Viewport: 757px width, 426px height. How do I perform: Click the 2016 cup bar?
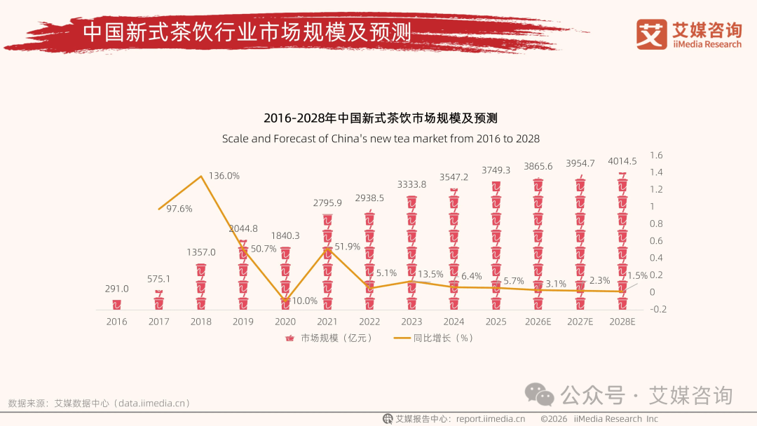pyautogui.click(x=117, y=304)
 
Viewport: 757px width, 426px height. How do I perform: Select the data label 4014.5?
pyautogui.click(x=622, y=161)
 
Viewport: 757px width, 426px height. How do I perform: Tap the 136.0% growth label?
pyautogui.click(x=224, y=176)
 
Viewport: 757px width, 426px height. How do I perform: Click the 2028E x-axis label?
pyautogui.click(x=622, y=322)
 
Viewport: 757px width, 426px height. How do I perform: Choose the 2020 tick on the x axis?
pyautogui.click(x=285, y=322)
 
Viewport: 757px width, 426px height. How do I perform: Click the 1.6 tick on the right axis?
pyautogui.click(x=657, y=156)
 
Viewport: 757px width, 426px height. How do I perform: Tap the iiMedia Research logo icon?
pyautogui.click(x=651, y=34)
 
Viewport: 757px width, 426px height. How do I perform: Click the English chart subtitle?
pyautogui.click(x=381, y=138)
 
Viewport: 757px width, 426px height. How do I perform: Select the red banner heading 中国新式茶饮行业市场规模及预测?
pyautogui.click(x=247, y=32)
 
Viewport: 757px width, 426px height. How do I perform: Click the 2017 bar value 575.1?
pyautogui.click(x=159, y=279)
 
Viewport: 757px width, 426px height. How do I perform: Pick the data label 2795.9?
pyautogui.click(x=327, y=203)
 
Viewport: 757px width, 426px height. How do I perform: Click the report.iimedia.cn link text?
pyautogui.click(x=491, y=419)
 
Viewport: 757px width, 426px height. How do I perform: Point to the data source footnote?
pyautogui.click(x=99, y=404)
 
